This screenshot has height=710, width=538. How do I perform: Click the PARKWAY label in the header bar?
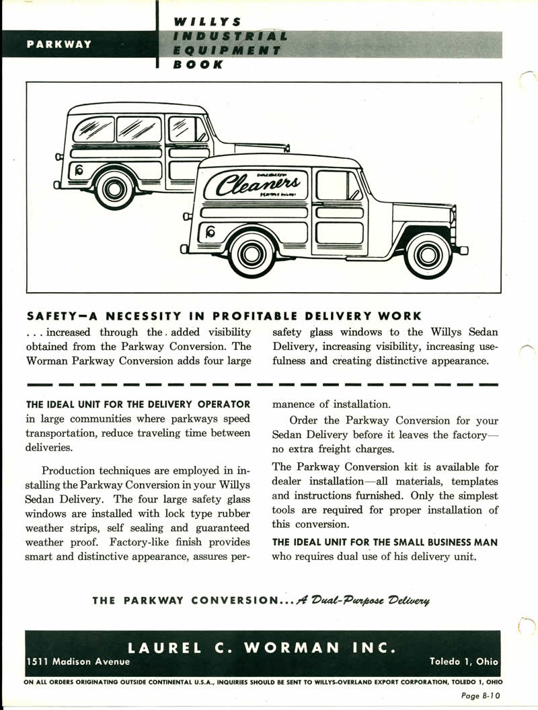(x=59, y=45)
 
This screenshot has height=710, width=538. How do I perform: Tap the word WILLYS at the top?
(x=200, y=22)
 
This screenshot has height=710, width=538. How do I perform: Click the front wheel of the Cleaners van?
(x=428, y=255)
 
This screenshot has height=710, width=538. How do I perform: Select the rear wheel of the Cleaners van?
(x=252, y=254)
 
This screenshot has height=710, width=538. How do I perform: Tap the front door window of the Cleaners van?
(x=338, y=185)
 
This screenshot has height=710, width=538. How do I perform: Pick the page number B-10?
(x=481, y=697)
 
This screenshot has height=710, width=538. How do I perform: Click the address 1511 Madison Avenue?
(x=77, y=662)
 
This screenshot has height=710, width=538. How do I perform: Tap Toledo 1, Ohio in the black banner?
(x=465, y=662)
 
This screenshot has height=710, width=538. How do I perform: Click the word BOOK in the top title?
(x=198, y=65)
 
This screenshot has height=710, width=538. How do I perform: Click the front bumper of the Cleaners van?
(x=461, y=250)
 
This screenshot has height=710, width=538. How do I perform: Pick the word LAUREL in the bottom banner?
(x=165, y=647)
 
